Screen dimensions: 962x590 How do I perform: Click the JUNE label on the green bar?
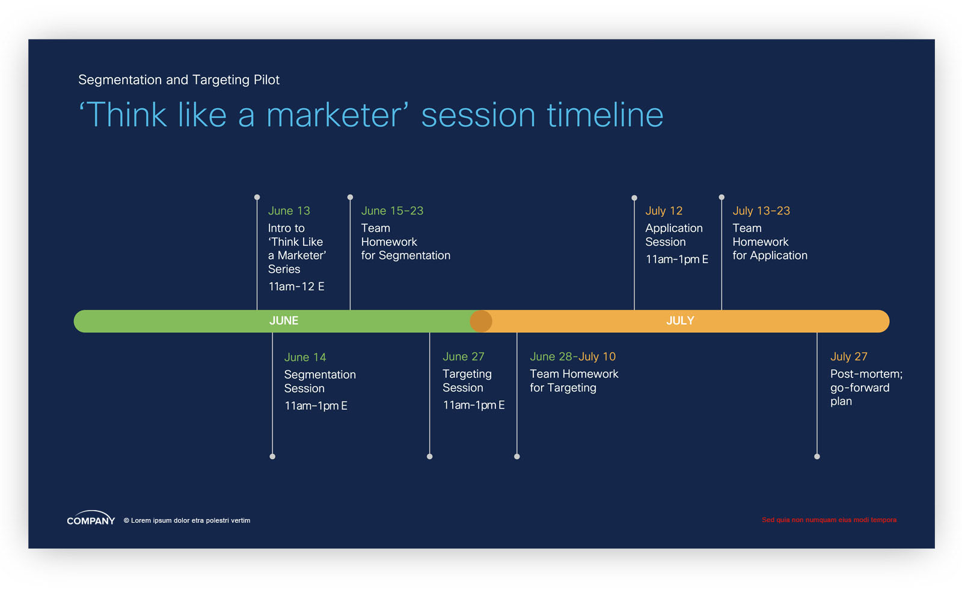(x=283, y=320)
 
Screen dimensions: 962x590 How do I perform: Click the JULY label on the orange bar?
(x=680, y=320)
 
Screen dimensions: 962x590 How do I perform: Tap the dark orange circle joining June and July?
(x=481, y=321)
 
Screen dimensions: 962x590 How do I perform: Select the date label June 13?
(x=289, y=211)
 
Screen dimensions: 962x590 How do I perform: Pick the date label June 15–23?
(x=392, y=211)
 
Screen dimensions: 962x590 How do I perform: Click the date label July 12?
(x=664, y=211)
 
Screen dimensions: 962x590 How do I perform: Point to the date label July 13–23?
(x=761, y=211)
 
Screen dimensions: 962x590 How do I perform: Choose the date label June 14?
(x=305, y=357)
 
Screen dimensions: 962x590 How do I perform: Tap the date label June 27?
(x=463, y=356)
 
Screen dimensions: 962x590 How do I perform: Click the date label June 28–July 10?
(x=572, y=356)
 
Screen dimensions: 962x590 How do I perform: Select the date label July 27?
(x=848, y=356)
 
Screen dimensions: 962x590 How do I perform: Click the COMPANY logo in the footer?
(x=91, y=518)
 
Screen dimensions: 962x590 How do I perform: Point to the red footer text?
(x=829, y=520)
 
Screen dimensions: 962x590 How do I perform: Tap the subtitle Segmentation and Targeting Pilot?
(x=179, y=80)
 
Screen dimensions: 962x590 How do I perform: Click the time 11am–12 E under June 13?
(x=296, y=287)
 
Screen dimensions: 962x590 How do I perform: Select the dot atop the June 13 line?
(x=257, y=198)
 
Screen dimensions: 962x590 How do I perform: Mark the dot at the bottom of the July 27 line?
(x=817, y=457)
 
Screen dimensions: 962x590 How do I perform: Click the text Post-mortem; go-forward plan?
(x=866, y=388)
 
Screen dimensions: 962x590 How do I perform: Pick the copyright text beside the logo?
(x=187, y=520)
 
